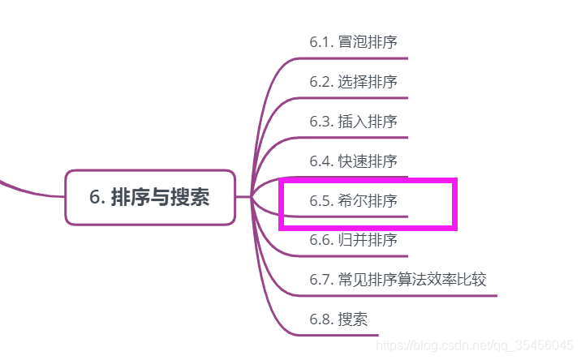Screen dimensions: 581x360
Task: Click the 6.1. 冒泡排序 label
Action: point(353,41)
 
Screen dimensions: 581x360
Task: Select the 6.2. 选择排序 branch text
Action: point(353,82)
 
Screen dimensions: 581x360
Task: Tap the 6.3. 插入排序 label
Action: point(353,122)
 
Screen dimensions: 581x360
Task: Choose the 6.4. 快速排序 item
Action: point(353,161)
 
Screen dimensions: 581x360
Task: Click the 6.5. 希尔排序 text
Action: point(353,200)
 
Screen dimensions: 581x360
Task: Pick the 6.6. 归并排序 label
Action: point(353,240)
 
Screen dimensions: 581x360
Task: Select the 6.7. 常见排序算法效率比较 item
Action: point(398,280)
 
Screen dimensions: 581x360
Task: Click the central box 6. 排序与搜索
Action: point(150,197)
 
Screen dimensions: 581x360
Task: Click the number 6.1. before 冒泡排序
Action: point(321,41)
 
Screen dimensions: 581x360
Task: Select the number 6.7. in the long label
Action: point(321,280)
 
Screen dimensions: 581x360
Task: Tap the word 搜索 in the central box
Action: point(190,197)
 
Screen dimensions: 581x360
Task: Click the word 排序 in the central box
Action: point(130,197)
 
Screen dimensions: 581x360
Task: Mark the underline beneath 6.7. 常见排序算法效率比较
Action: point(406,295)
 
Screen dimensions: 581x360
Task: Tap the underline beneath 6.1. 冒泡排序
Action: point(357,58)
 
